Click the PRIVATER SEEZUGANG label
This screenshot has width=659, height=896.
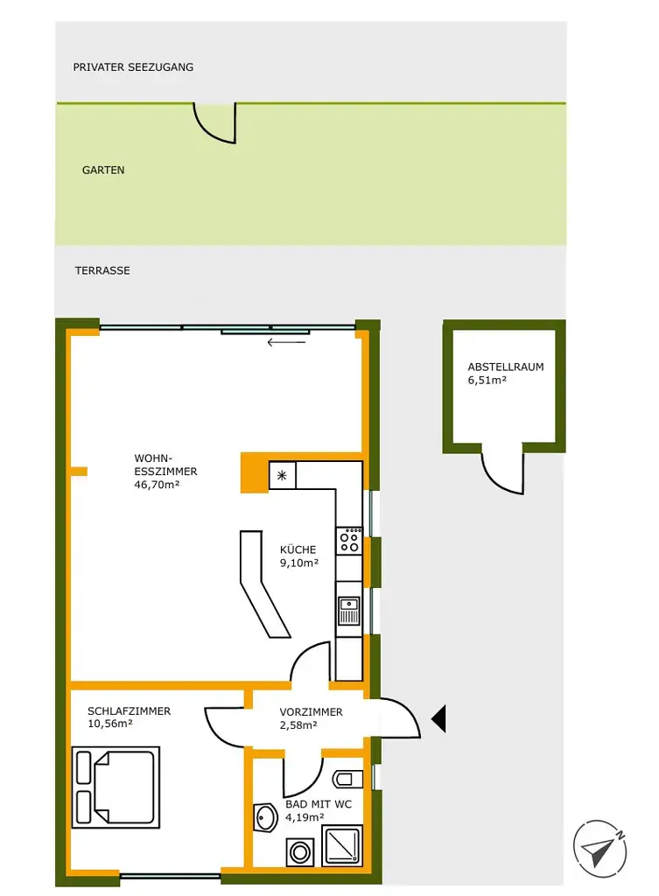point(133,66)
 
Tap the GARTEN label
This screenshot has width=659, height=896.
point(103,171)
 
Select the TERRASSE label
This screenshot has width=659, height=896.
point(102,271)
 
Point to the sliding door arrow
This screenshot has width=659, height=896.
point(287,342)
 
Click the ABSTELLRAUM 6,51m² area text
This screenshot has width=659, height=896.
point(506,374)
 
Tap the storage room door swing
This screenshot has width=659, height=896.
point(502,473)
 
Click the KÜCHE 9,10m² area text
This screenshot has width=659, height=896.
point(298,556)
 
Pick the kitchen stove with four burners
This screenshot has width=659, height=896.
point(349,539)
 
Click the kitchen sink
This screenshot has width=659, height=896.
point(349,610)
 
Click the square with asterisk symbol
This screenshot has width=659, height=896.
point(283,475)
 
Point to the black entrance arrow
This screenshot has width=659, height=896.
point(438,719)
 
